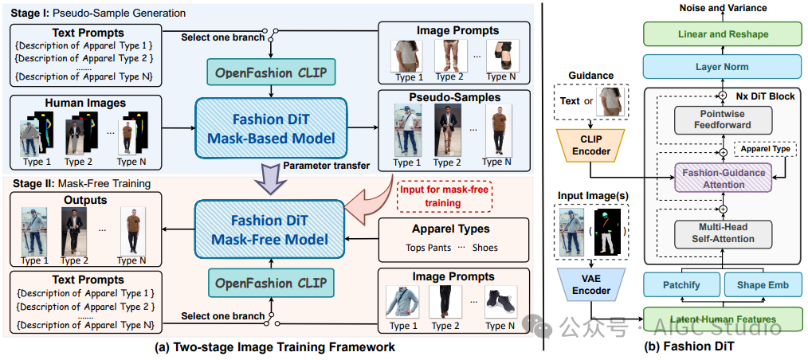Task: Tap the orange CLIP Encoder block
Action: coord(590,144)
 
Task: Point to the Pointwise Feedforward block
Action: coord(721,119)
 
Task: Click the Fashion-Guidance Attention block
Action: coord(723,177)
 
